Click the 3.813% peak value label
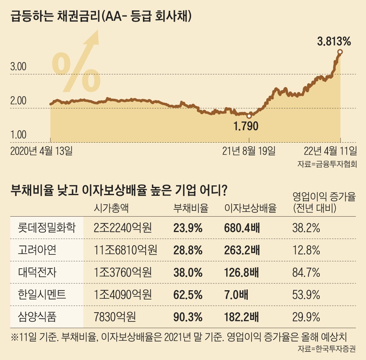click(x=334, y=40)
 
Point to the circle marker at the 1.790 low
click(x=249, y=116)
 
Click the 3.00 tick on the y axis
click(x=18, y=67)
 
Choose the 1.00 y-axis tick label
click(x=18, y=135)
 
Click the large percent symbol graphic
click(x=76, y=72)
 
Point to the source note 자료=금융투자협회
click(x=327, y=164)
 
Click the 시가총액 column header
click(x=111, y=209)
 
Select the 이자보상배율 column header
click(x=250, y=209)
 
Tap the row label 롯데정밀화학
click(x=46, y=228)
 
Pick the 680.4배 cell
click(x=242, y=228)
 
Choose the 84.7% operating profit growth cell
click(x=306, y=273)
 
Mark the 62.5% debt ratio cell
click(x=188, y=295)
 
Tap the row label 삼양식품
click(x=37, y=317)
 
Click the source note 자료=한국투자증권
click(x=327, y=350)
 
